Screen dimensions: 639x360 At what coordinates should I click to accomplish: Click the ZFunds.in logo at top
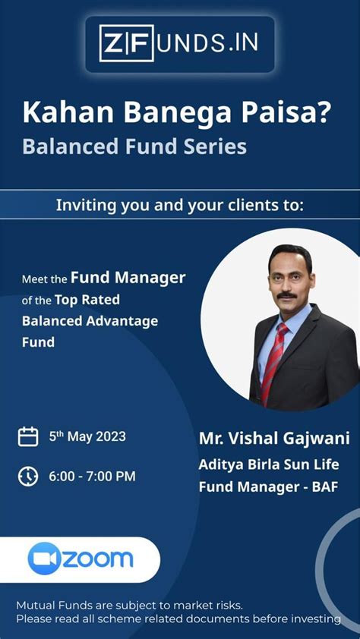pos(179,43)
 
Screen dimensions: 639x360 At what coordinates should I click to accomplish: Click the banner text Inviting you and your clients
pos(179,205)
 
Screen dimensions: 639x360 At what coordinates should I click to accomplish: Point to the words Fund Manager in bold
pos(128,278)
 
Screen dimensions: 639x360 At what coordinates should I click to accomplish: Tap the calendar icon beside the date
pos(28,436)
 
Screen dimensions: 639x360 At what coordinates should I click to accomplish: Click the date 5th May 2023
pos(87,436)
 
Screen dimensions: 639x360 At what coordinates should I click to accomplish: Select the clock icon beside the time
pos(28,477)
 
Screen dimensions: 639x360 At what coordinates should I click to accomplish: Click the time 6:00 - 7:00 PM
pos(92,477)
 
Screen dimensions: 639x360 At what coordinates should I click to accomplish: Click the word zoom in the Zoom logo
pos(97,559)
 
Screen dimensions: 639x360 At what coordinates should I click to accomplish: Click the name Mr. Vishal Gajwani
pos(274,439)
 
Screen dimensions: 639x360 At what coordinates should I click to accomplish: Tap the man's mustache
pos(286,295)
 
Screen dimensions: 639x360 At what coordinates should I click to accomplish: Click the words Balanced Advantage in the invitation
pos(90,320)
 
